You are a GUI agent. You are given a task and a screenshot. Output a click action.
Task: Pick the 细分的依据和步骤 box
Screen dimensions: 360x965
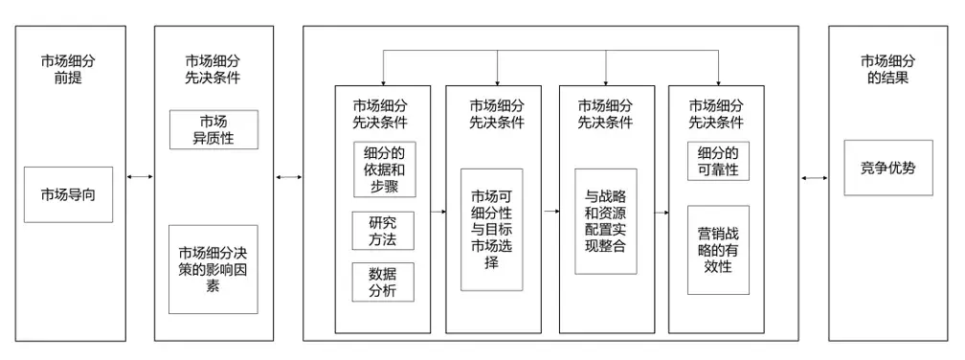point(382,169)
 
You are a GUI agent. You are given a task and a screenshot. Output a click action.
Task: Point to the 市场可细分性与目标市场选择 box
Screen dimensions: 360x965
point(493,229)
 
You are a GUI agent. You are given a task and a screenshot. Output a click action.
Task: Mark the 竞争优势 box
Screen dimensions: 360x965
point(887,168)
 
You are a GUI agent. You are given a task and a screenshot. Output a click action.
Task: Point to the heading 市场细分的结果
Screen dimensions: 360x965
point(887,69)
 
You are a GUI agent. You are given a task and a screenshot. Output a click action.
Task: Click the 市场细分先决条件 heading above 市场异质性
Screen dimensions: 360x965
point(213,69)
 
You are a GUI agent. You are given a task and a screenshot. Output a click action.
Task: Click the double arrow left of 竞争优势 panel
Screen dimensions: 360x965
point(815,177)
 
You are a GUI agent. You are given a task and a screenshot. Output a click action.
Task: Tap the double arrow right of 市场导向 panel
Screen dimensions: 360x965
point(141,177)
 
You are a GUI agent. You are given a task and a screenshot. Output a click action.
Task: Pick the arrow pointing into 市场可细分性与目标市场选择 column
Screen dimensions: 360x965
point(437,209)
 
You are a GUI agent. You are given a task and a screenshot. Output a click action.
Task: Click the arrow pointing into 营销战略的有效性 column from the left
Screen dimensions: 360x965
point(662,209)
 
